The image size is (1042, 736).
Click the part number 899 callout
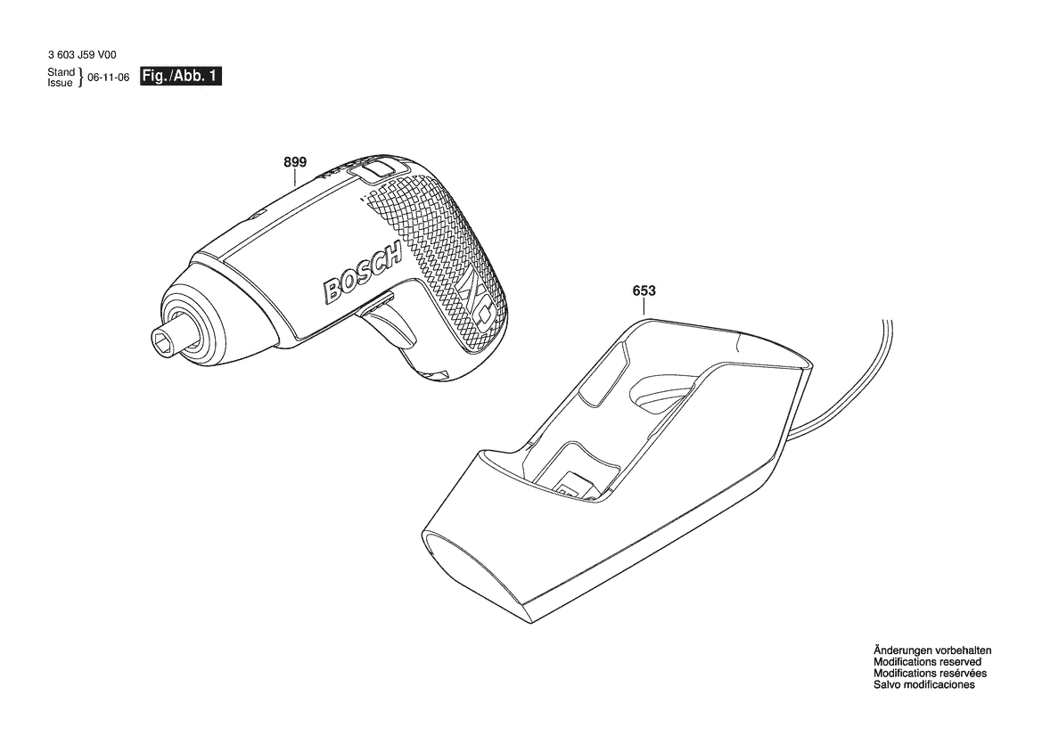click(295, 162)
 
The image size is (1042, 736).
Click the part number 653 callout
click(644, 291)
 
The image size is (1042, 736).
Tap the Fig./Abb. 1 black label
click(180, 77)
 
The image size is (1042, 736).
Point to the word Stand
click(62, 72)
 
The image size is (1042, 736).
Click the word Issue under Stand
click(60, 83)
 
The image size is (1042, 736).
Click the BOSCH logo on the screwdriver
click(363, 274)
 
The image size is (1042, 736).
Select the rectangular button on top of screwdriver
click(374, 168)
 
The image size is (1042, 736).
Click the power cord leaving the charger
click(844, 392)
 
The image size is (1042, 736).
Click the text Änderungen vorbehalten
click(931, 650)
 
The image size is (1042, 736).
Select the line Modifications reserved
click(927, 662)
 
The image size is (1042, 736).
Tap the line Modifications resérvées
click(930, 673)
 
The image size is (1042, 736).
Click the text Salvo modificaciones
click(923, 684)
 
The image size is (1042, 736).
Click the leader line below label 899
click(295, 177)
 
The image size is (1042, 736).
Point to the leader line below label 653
click(644, 308)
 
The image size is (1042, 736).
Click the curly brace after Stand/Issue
click(80, 78)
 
